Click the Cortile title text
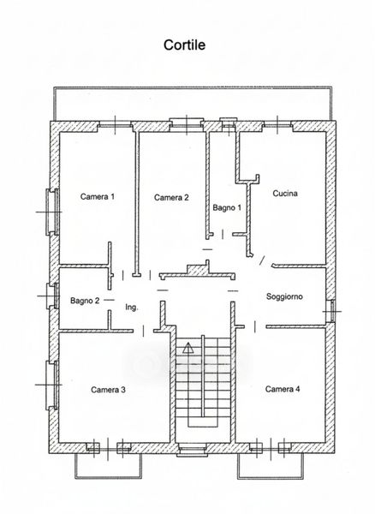(184, 45)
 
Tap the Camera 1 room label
(98, 197)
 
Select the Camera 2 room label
(171, 197)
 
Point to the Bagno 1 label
(227, 207)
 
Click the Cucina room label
(285, 194)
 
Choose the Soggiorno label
(284, 296)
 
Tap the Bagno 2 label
(85, 301)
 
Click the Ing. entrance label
(132, 308)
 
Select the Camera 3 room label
(108, 390)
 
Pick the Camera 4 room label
(283, 389)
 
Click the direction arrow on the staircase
(188, 348)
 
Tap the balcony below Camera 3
(108, 466)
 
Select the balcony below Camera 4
(271, 466)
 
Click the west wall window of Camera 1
(52, 212)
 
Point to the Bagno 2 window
(53, 296)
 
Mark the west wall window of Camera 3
(52, 385)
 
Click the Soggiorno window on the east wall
(332, 311)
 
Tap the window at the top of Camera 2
(186, 124)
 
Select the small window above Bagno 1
(228, 124)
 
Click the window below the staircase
(192, 450)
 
